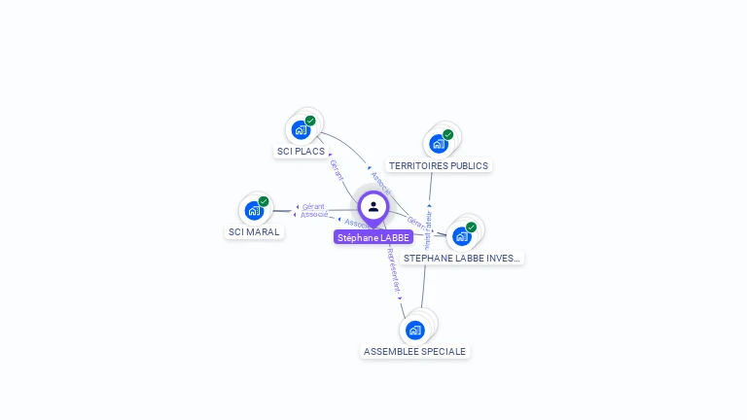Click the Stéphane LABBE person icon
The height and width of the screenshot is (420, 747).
pyautogui.click(x=373, y=207)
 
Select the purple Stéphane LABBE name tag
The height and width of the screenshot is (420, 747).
pyautogui.click(x=373, y=237)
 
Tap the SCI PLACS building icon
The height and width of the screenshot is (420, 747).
pyautogui.click(x=301, y=130)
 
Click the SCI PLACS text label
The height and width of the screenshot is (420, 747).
pyautogui.click(x=301, y=152)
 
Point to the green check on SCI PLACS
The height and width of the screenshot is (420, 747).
pyautogui.click(x=310, y=121)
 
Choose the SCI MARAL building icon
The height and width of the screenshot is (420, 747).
pyautogui.click(x=254, y=210)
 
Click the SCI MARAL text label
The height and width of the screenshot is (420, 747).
pyautogui.click(x=254, y=232)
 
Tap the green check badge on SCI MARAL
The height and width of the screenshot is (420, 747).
pyautogui.click(x=264, y=201)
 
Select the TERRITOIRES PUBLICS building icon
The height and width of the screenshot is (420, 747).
pyautogui.click(x=439, y=144)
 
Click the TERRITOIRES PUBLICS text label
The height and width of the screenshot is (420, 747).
pyautogui.click(x=439, y=166)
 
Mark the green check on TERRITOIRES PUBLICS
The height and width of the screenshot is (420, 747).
pyautogui.click(x=448, y=135)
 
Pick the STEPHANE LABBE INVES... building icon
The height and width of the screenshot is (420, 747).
pyautogui.click(x=462, y=236)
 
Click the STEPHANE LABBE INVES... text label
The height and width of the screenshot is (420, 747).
pyautogui.click(x=463, y=259)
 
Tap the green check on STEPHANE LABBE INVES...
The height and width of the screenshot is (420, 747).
pyautogui.click(x=472, y=227)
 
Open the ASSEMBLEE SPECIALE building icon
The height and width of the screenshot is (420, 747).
pyautogui.click(x=415, y=330)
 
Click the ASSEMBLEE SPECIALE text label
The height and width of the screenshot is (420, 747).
pyautogui.click(x=415, y=352)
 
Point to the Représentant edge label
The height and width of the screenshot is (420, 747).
pyautogui.click(x=394, y=271)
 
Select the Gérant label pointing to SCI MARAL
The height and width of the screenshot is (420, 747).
pyautogui.click(x=312, y=206)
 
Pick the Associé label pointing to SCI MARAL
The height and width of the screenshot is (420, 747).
pyautogui.click(x=313, y=214)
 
